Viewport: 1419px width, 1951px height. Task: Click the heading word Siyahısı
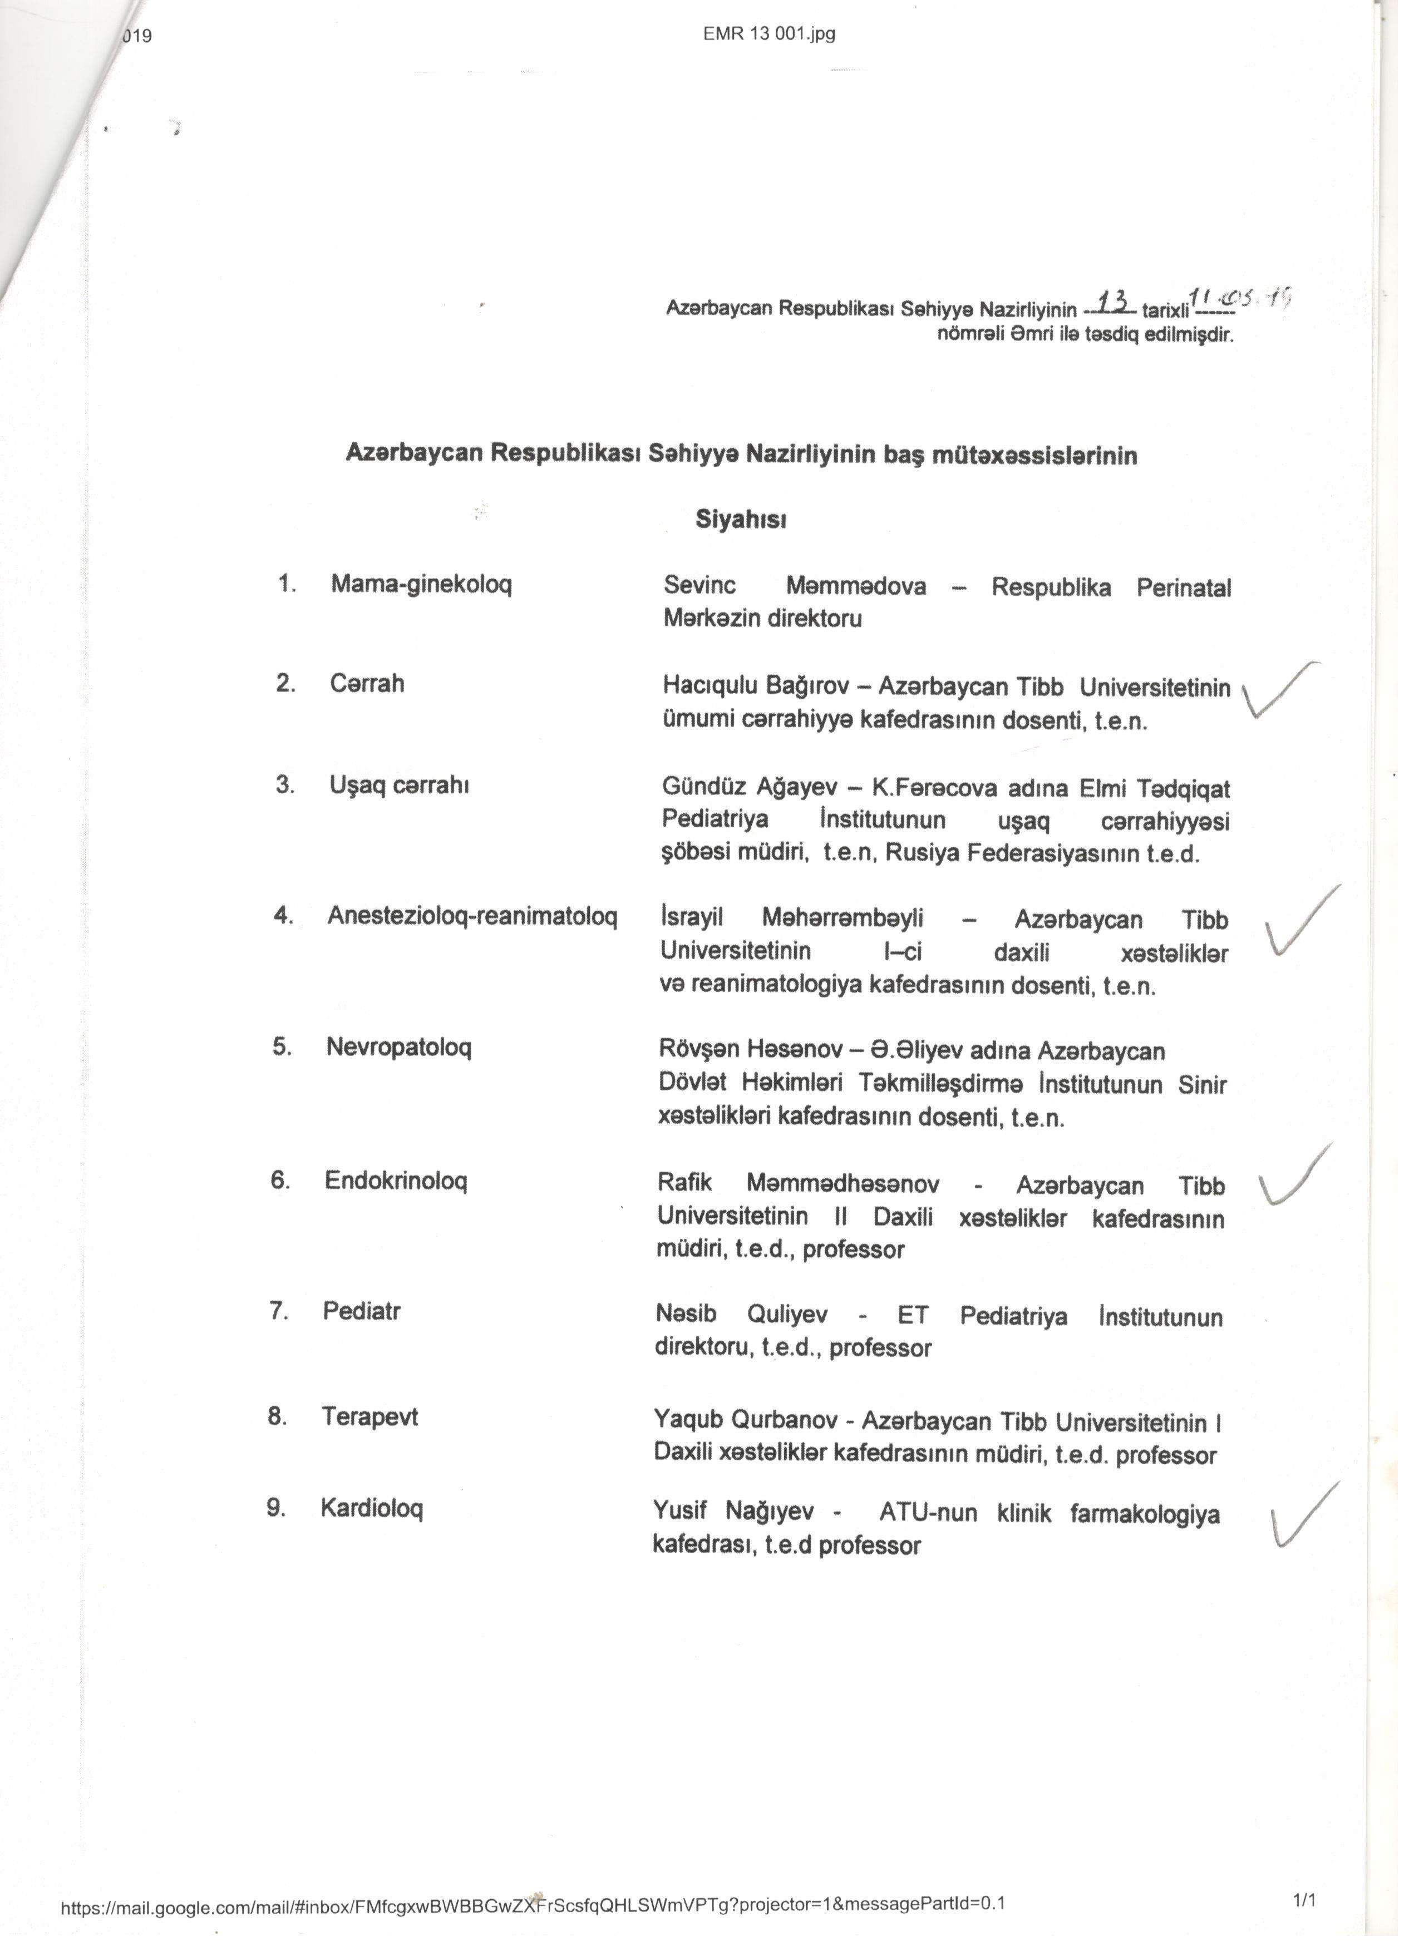tap(741, 521)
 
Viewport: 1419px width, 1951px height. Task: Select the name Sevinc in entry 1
tap(699, 586)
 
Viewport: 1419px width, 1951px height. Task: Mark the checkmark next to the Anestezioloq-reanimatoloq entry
tap(1299, 923)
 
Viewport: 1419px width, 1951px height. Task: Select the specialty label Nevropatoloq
tap(398, 1047)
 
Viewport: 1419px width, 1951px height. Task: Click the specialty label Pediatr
tap(361, 1311)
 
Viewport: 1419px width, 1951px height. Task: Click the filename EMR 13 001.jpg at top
tap(768, 34)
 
